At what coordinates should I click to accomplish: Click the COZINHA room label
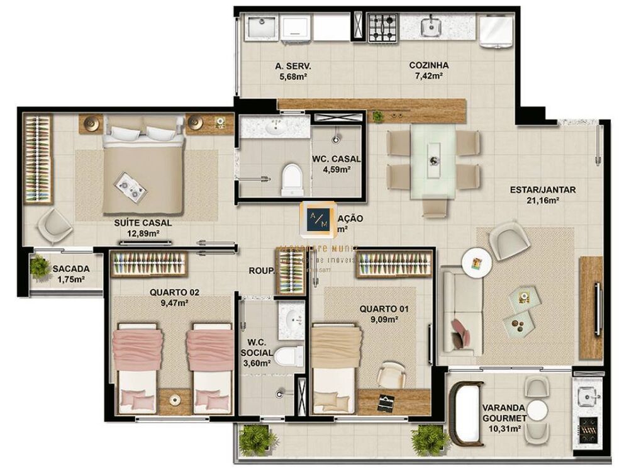pos(428,65)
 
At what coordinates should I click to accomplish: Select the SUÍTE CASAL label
pos(143,223)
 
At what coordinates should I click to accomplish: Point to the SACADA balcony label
pos(71,269)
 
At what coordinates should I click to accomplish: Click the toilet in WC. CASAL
pos(292,179)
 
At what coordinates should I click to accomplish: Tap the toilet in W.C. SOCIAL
pos(288,356)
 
